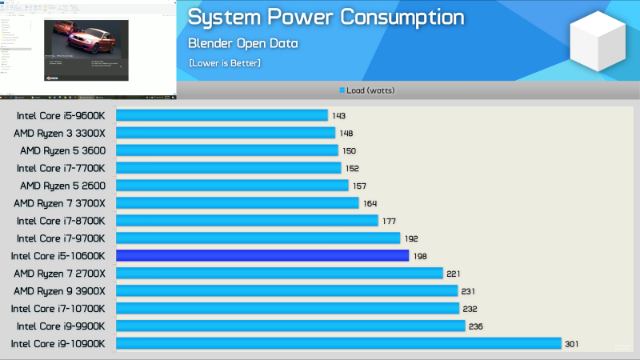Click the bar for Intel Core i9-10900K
click(338, 343)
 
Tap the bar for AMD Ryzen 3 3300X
click(226, 133)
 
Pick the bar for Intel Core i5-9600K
click(222, 115)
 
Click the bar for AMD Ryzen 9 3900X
click(286, 291)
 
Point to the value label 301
click(571, 344)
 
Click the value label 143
click(338, 116)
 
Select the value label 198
click(421, 256)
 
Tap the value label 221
click(454, 274)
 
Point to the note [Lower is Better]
click(225, 62)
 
